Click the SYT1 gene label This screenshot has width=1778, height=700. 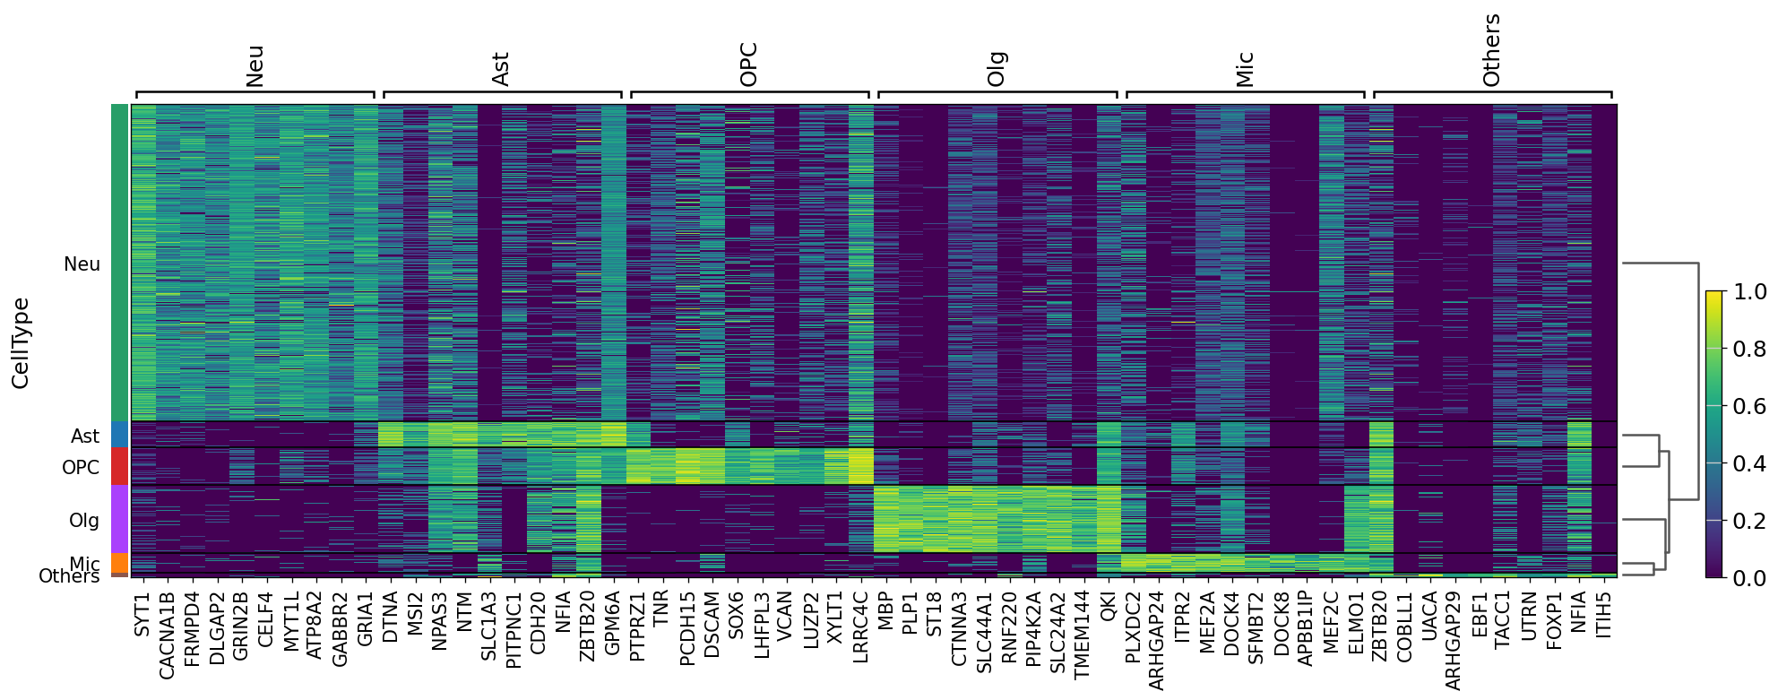tap(142, 615)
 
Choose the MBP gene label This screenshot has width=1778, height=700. tap(885, 613)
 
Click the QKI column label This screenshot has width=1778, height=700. tap(1108, 610)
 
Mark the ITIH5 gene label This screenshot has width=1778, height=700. tap(1604, 614)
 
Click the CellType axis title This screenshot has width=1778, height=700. tap(21, 343)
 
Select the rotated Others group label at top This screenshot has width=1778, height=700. tap(1491, 50)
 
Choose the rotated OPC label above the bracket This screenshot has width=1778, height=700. tap(749, 65)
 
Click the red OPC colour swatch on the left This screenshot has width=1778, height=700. tap(120, 466)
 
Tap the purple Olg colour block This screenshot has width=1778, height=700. tap(120, 519)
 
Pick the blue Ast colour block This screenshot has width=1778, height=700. tap(120, 435)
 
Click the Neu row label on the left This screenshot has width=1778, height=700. tap(82, 264)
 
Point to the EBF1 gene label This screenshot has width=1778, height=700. tap(1480, 614)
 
